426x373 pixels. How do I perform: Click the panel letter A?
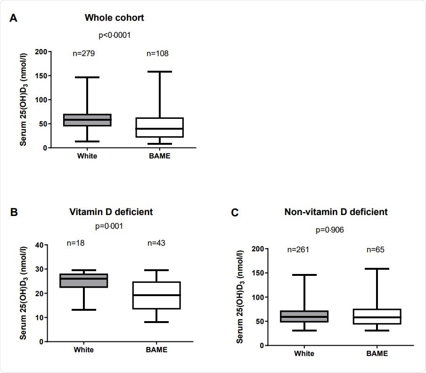tap(14, 18)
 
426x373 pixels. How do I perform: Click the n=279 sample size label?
tap(84, 53)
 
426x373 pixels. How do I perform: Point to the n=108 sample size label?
tap(157, 53)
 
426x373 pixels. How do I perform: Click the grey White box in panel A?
tap(87, 120)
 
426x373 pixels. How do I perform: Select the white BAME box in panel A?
tap(160, 127)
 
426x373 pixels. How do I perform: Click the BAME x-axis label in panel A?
tap(160, 156)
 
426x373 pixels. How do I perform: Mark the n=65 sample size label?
tap(376, 249)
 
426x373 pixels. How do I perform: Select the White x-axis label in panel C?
tap(304, 354)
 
